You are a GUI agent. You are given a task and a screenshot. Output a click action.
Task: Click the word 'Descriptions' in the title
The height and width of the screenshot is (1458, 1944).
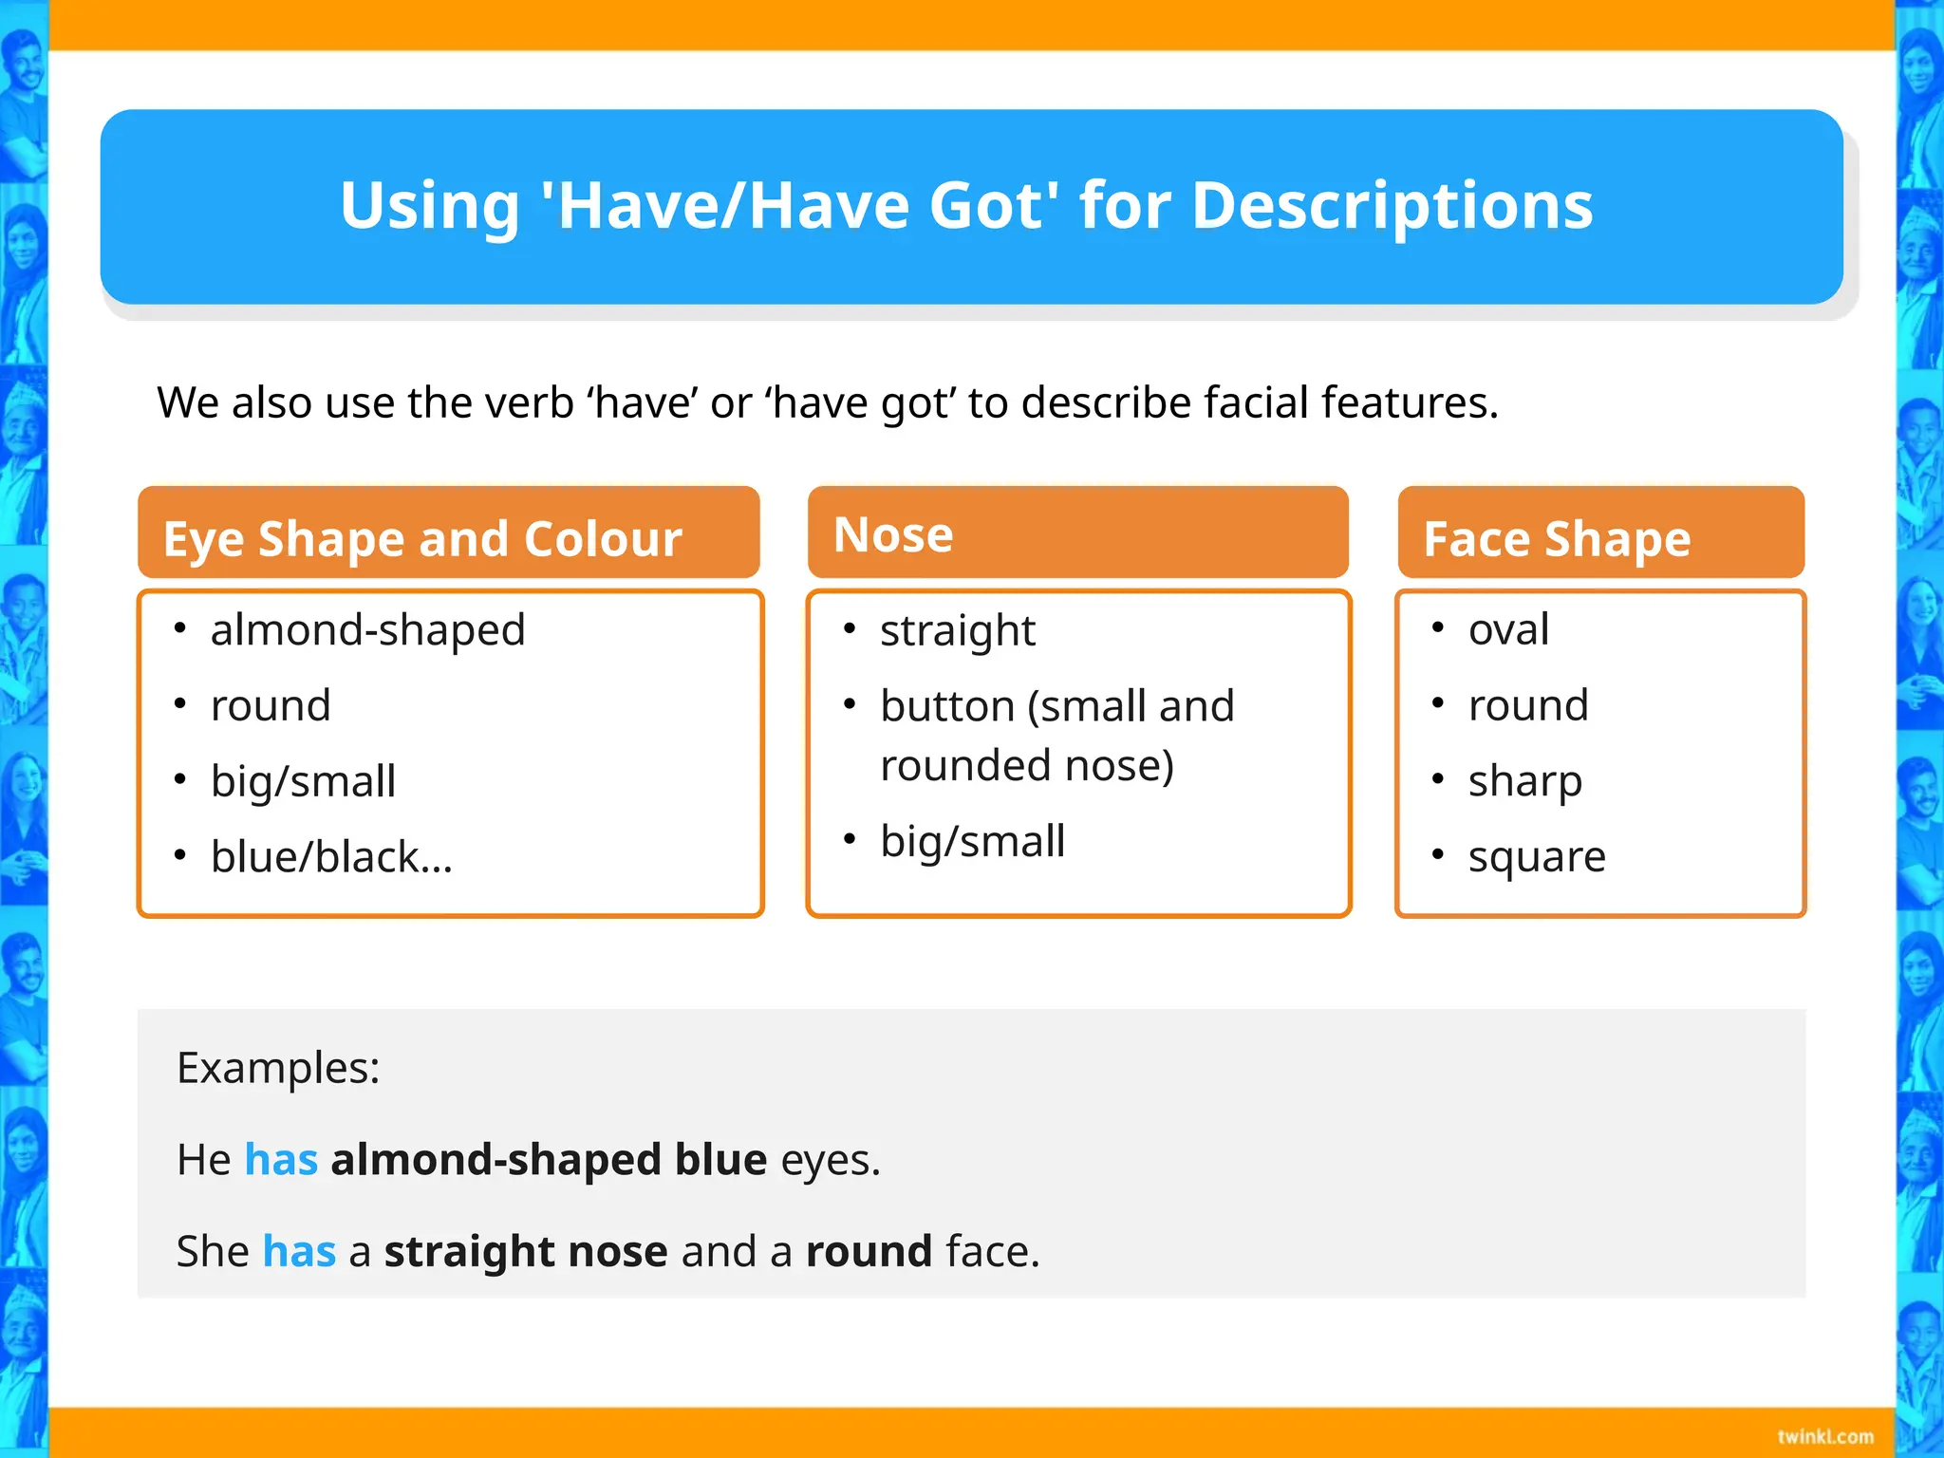point(1392,206)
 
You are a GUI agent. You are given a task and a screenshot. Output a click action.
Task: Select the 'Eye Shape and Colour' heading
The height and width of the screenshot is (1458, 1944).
point(422,538)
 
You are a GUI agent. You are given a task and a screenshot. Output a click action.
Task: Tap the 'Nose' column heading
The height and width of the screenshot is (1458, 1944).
point(893,534)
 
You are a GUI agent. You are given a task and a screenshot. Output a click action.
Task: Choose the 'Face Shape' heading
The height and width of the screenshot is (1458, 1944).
point(1557,538)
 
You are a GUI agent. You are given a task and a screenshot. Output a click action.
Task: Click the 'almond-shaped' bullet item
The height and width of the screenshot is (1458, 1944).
point(367,630)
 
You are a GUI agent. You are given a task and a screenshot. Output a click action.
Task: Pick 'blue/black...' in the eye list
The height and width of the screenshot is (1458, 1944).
point(331,857)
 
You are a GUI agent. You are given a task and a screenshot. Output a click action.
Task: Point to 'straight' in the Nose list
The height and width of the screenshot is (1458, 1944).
point(957,631)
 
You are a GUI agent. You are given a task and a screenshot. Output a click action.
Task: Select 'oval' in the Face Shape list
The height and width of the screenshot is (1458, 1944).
point(1508,629)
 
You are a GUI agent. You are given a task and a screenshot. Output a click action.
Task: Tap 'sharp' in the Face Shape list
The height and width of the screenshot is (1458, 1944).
point(1524,781)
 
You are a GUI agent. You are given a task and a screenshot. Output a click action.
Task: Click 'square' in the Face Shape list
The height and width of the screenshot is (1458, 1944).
point(1537,857)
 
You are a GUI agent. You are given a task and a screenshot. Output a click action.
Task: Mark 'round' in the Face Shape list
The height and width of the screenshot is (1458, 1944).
point(1527,705)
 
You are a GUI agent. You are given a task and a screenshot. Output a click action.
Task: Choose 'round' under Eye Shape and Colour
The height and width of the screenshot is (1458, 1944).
point(271,706)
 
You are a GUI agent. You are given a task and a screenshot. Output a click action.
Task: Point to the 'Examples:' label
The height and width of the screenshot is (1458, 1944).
point(278,1068)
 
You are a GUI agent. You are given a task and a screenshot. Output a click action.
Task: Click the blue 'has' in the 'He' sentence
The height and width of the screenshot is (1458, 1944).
point(281,1160)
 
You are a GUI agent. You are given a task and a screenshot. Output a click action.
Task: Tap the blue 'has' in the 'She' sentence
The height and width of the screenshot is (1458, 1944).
point(299,1251)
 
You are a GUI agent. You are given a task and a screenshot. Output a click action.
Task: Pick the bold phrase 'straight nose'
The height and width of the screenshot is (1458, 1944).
point(526,1251)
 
